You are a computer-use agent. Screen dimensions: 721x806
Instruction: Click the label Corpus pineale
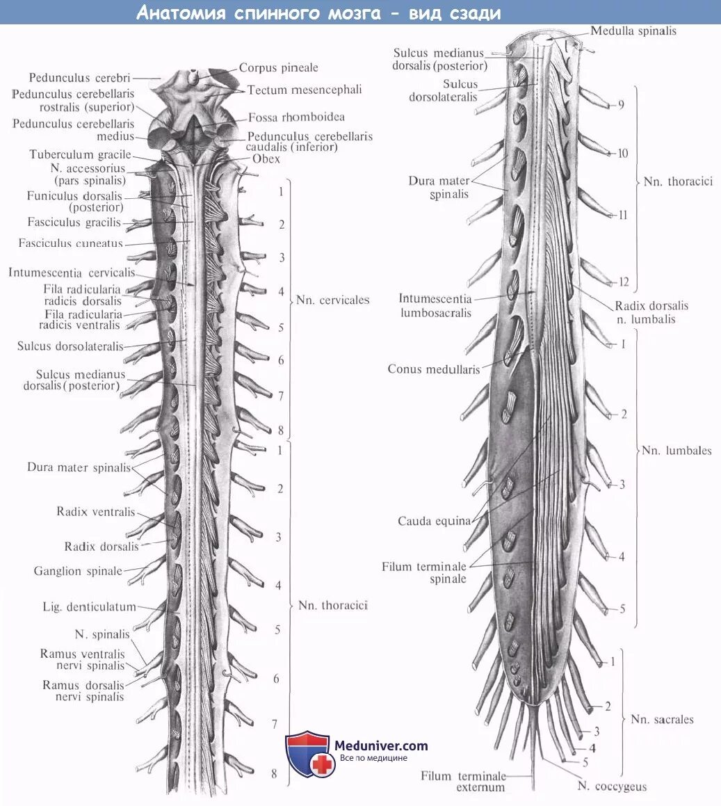[x=278, y=68]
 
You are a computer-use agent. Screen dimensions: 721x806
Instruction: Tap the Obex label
[x=266, y=159]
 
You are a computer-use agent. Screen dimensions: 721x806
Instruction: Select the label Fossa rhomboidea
[x=296, y=118]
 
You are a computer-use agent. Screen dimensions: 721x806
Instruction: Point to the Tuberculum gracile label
[x=80, y=155]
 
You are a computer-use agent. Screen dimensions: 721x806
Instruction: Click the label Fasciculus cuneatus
[x=71, y=243]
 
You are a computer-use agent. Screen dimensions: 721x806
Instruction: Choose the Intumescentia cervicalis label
[x=72, y=273]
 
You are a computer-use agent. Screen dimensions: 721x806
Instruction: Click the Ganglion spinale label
[x=78, y=571]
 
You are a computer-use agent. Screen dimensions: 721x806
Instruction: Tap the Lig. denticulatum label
[x=89, y=606]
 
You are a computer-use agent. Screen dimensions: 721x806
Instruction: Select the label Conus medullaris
[x=434, y=369]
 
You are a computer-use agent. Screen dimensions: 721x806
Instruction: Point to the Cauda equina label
[x=434, y=521]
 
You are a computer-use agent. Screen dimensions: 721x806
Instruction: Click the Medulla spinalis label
[x=633, y=31]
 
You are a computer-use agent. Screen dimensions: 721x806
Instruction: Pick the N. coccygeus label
[x=612, y=787]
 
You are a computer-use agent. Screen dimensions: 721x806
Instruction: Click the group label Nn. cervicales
[x=332, y=300]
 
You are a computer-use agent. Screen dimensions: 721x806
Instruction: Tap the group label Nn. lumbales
[x=677, y=451]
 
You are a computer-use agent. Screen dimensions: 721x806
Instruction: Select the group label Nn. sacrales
[x=662, y=719]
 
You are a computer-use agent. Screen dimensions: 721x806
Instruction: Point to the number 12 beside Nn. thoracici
[x=624, y=282]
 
